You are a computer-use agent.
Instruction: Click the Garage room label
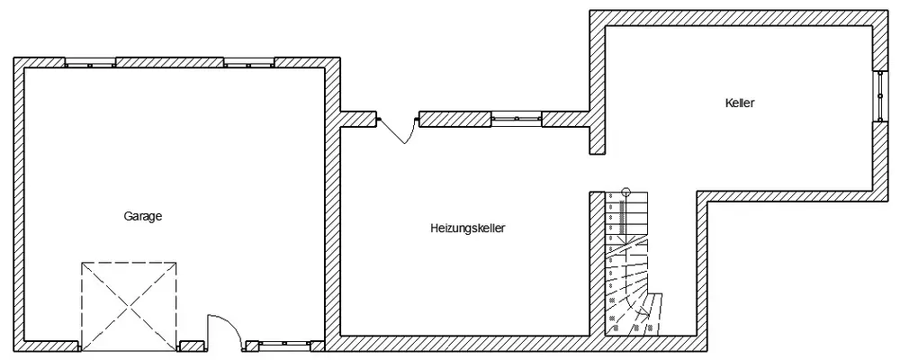[x=142, y=216]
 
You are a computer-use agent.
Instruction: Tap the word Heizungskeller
[x=467, y=229]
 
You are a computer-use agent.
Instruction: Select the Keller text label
[x=739, y=103]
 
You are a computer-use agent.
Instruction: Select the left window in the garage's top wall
[x=90, y=62]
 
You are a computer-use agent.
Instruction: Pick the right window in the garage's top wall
[x=248, y=62]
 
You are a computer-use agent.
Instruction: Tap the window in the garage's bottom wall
[x=284, y=344]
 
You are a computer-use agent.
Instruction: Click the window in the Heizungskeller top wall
[x=517, y=118]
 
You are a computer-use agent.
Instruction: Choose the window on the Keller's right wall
[x=881, y=94]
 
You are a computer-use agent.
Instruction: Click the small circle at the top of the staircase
[x=627, y=192]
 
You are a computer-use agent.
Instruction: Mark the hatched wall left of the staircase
[x=596, y=261]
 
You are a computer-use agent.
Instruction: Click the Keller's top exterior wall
[x=738, y=17]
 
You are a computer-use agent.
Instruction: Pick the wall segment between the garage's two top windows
[x=169, y=62]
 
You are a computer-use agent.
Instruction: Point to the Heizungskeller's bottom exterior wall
[x=468, y=344]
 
